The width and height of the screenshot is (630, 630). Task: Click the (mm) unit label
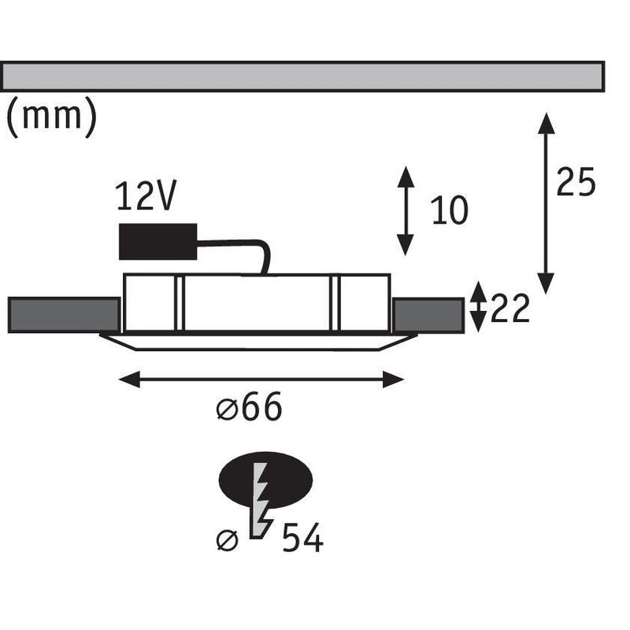pos(52,117)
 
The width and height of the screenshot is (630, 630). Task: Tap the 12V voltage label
pos(146,195)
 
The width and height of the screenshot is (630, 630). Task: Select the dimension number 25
pos(576,182)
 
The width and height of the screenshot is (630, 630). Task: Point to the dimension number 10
pos(449,210)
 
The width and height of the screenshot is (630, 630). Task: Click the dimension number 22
pos(510,309)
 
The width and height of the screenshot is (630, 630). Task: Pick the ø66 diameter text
pos(249,406)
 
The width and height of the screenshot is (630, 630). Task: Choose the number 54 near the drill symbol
pos(302,538)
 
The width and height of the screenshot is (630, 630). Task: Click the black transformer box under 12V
pos(158,242)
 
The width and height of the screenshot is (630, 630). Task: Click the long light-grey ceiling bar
pos(302,76)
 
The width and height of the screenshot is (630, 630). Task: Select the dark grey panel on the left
pos(64,315)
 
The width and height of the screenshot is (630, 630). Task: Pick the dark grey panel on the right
pos(428,316)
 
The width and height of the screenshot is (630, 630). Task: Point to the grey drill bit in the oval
pos(258,500)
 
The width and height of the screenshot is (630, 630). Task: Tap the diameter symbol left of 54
pos(227,540)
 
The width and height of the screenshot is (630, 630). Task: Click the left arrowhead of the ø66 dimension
pos(129,380)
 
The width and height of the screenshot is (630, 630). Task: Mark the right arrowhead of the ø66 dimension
pos(393,380)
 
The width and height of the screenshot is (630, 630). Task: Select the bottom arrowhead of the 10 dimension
pos(406,245)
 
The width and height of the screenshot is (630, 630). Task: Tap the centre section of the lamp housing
pos(257,303)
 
